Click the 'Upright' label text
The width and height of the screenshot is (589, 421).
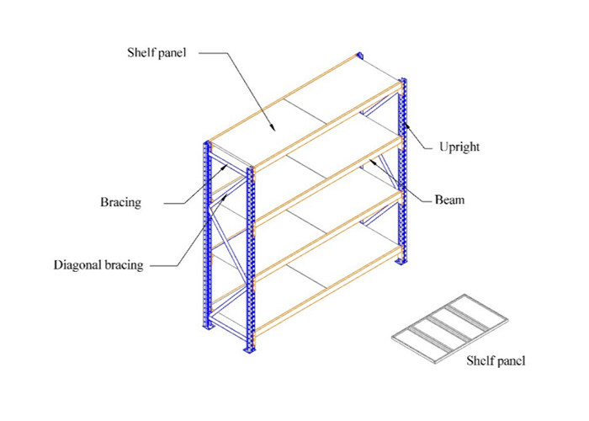point(459,147)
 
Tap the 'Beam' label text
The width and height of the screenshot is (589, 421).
point(449,200)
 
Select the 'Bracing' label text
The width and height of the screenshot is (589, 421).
point(120,202)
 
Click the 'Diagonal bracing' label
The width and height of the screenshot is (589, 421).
point(98,265)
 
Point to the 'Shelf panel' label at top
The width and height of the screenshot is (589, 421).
point(157,52)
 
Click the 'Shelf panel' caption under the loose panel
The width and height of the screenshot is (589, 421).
point(496,360)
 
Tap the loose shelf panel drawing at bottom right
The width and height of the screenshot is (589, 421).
point(449,329)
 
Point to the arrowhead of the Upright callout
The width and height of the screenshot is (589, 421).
point(406,126)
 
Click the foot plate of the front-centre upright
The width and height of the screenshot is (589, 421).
point(249,349)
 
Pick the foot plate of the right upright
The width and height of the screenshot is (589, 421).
point(401,260)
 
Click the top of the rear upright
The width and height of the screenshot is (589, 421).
point(360,55)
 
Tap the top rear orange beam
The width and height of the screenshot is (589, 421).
point(284,99)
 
